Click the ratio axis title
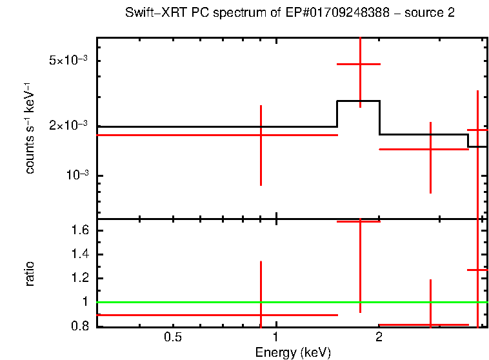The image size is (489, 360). [30, 274]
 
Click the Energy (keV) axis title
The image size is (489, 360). [292, 352]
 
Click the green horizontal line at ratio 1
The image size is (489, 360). [194, 302]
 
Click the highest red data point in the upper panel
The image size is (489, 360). [359, 64]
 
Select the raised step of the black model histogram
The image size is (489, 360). [358, 101]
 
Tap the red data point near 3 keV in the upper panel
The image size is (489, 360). [430, 148]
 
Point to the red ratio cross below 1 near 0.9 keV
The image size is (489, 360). [261, 315]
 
